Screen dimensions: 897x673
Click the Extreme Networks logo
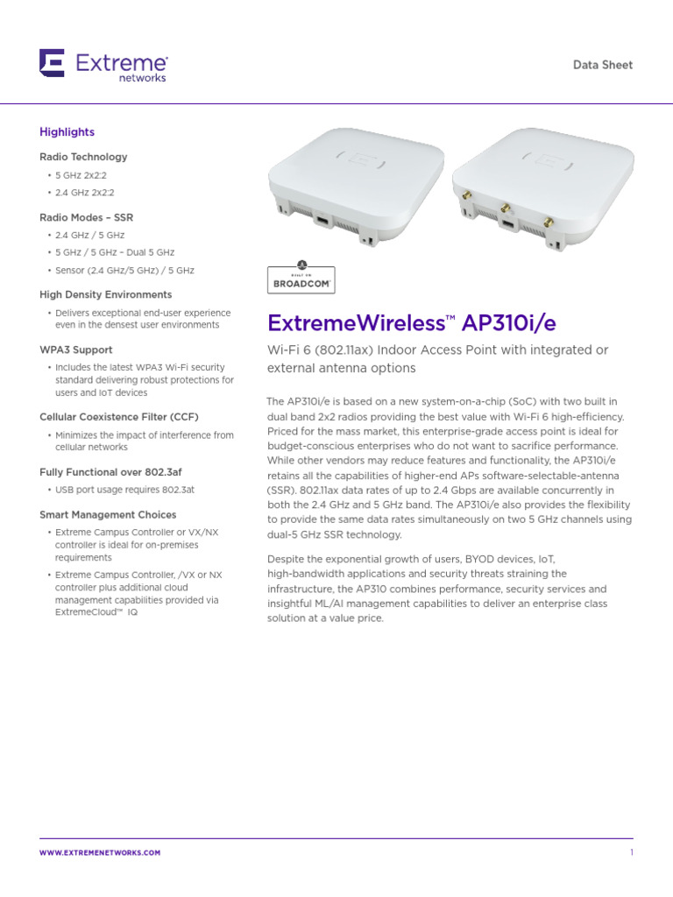[103, 66]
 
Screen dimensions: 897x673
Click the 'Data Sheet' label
[602, 65]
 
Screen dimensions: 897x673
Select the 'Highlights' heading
[67, 132]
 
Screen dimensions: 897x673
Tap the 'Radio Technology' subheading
[83, 157]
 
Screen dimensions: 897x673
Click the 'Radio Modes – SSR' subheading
[86, 217]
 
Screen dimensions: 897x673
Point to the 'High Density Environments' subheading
[105, 294]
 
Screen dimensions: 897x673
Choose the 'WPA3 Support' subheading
[75, 350]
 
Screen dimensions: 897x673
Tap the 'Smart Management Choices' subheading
[108, 515]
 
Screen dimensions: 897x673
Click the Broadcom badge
[300, 277]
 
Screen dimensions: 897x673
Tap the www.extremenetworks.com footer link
[100, 852]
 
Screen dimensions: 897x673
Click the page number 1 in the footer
[631, 852]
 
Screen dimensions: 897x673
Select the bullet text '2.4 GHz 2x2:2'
[84, 193]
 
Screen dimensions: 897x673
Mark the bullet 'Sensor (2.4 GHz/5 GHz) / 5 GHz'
[124, 272]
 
